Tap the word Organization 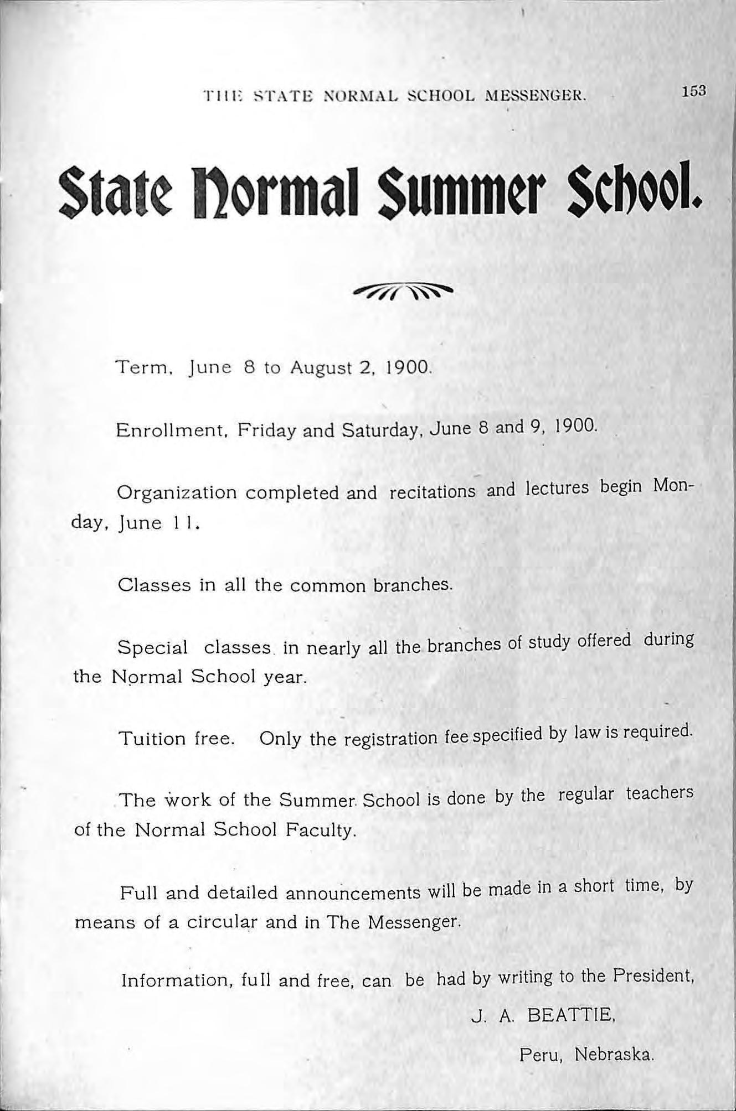click(177, 493)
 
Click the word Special click(153, 647)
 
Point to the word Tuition click(153, 739)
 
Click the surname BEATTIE click(570, 1015)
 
